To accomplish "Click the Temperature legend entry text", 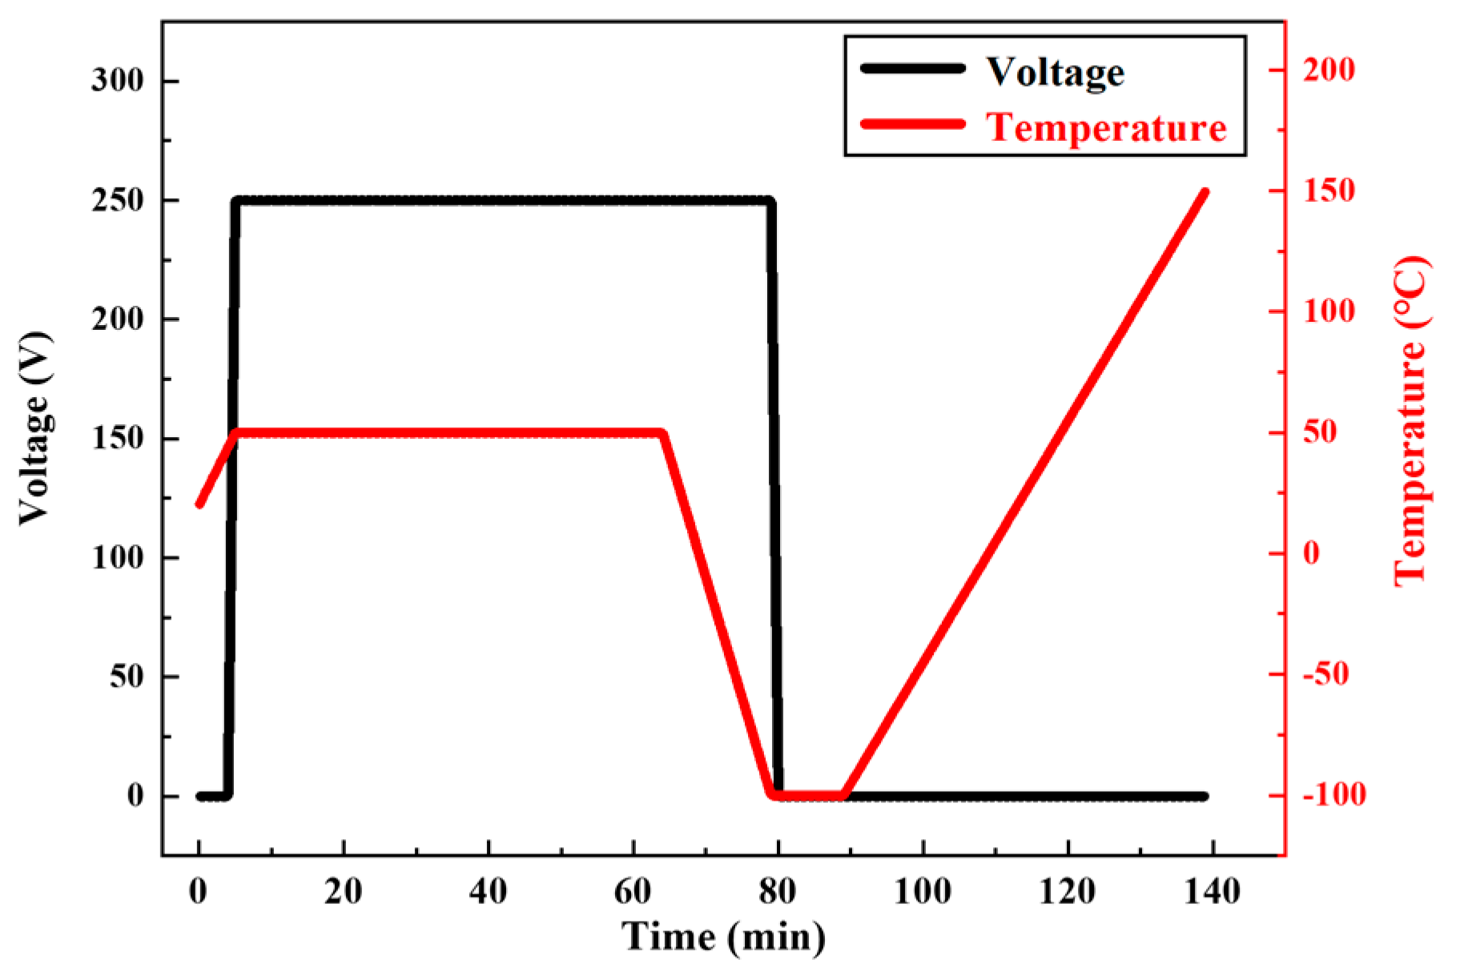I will point(1105,127).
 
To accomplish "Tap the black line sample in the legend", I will point(912,69).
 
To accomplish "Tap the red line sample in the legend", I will point(912,124).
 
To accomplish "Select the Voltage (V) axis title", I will point(34,429).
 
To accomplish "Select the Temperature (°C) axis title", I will point(1411,421).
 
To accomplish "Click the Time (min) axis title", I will point(723,935).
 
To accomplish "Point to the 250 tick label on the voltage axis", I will point(119,201).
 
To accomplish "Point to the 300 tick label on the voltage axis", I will point(119,82).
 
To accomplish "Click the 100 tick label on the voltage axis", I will point(119,558).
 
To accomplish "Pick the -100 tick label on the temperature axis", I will point(1329,796).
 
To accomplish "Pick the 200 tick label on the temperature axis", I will point(1329,70).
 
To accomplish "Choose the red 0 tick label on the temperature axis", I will point(1312,553).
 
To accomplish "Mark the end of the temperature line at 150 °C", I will point(1205,192).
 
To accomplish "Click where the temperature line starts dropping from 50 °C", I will point(662,434).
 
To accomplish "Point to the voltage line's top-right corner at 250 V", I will point(770,201).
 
